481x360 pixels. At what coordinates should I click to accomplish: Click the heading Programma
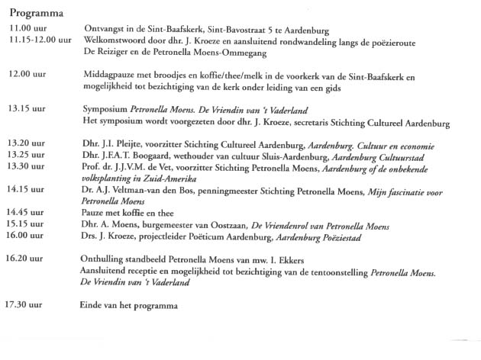point(36,14)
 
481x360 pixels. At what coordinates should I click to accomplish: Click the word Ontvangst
point(103,30)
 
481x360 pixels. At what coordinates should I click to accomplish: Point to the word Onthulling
point(105,259)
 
